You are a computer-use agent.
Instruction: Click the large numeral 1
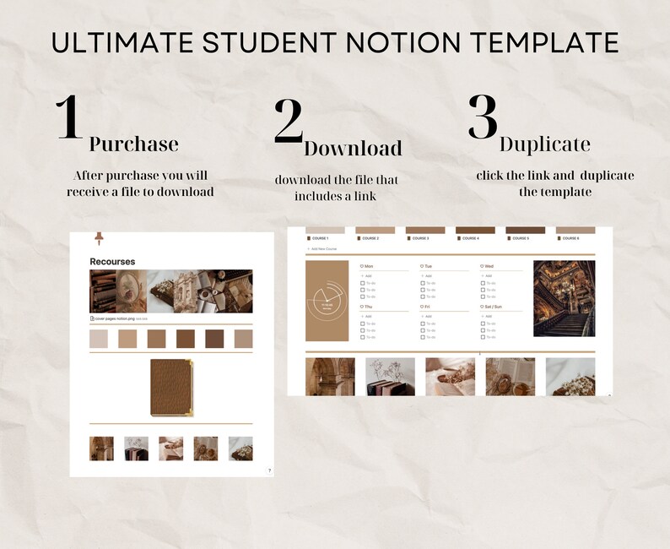tap(68, 117)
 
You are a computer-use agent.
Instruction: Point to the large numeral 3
tap(484, 117)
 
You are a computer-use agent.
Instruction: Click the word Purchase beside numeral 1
tap(133, 144)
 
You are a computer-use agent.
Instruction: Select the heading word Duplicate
tap(544, 144)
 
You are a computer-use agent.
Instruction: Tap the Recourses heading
tap(112, 262)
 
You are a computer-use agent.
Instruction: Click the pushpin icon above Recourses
tap(98, 239)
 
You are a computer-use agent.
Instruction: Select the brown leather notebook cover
tap(171, 388)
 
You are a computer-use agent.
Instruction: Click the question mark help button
tap(269, 470)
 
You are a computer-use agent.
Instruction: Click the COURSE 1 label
tap(320, 238)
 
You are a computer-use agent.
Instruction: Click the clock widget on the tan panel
tap(327, 302)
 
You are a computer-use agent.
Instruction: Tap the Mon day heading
tap(369, 266)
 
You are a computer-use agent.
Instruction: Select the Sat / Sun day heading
tap(494, 307)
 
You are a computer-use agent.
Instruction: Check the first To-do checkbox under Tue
tap(423, 283)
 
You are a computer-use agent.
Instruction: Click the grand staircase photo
tap(564, 298)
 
